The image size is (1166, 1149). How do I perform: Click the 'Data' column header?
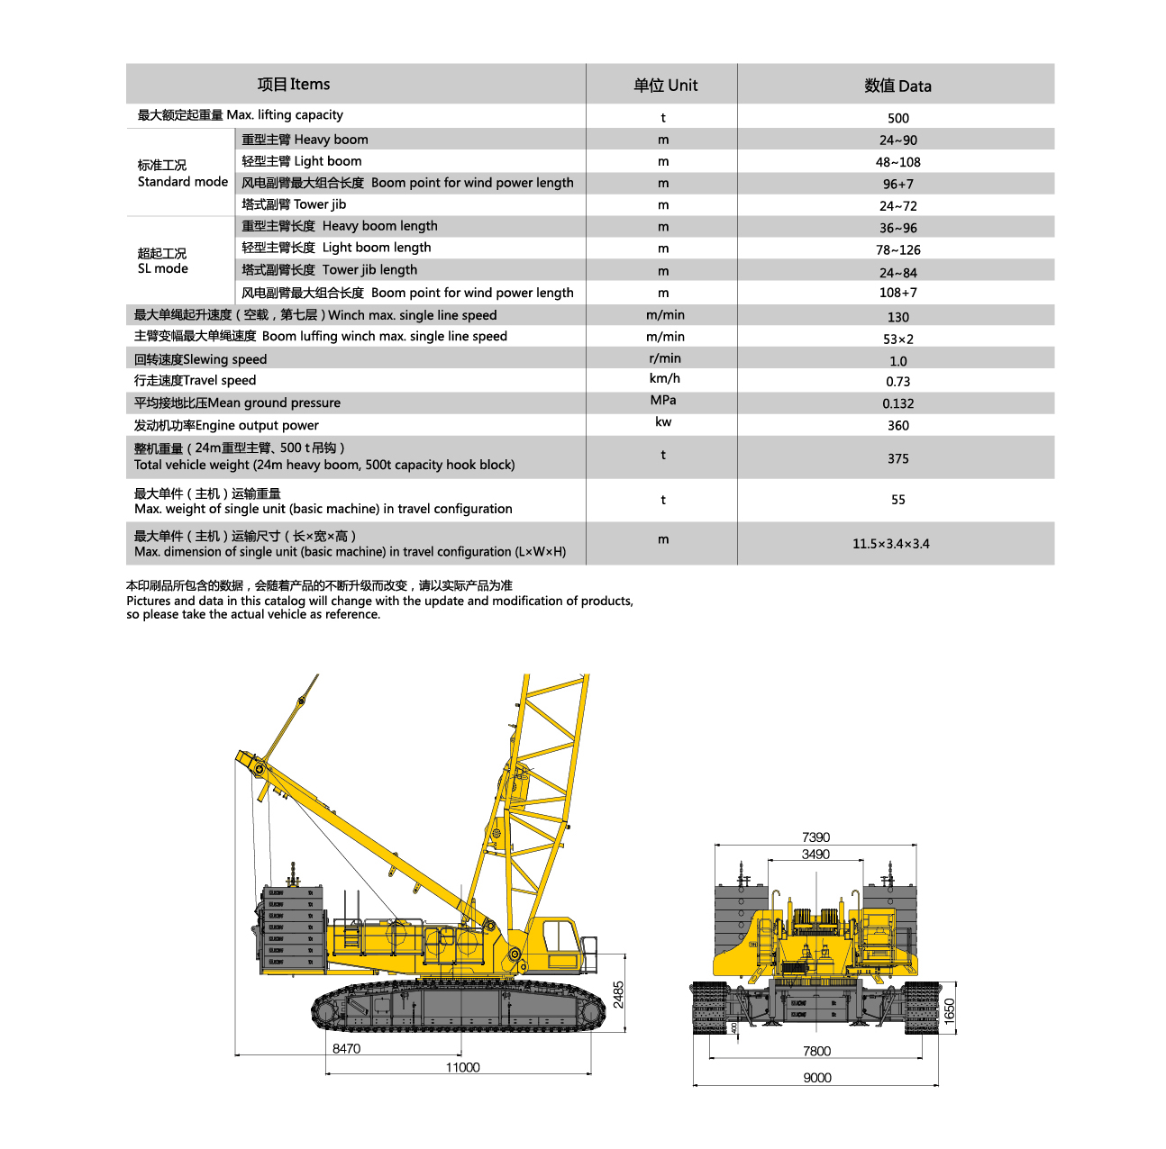[x=897, y=86]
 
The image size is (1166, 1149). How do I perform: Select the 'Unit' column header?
[x=665, y=86]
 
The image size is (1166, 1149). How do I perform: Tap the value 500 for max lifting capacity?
[x=897, y=118]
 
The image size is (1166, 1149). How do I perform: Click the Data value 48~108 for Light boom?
[x=897, y=162]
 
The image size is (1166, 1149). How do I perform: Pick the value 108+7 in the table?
[x=897, y=293]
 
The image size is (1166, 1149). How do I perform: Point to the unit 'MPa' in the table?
[x=663, y=401]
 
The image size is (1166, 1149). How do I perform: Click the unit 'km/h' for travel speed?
[x=664, y=379]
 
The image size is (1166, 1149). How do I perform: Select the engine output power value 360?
[x=897, y=426]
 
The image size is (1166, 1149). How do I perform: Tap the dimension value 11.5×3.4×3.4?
[x=890, y=544]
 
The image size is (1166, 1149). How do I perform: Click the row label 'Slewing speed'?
[x=200, y=359]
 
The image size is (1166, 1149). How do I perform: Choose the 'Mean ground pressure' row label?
[x=237, y=403]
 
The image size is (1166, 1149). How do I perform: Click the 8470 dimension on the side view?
[x=346, y=1048]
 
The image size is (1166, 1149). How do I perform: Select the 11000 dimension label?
[x=462, y=1067]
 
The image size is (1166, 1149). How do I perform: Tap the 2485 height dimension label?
[x=618, y=994]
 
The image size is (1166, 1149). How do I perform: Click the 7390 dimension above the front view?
[x=815, y=837]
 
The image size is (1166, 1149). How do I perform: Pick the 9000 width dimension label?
[x=817, y=1078]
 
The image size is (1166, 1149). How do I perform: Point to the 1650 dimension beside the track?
[x=949, y=1010]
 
